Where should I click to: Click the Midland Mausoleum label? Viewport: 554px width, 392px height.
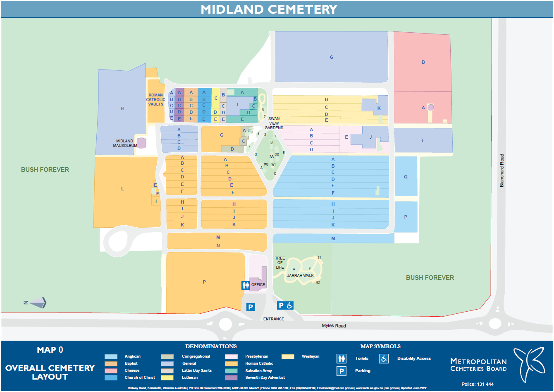pyautogui.click(x=124, y=143)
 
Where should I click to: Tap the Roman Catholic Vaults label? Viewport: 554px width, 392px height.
pyautogui.click(x=156, y=100)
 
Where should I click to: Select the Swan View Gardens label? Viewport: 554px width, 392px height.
pyautogui.click(x=274, y=123)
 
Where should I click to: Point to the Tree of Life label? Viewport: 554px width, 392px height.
pyautogui.click(x=280, y=262)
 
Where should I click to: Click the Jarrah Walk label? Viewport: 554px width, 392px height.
pyautogui.click(x=301, y=275)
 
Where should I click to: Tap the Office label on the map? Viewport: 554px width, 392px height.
pyautogui.click(x=258, y=285)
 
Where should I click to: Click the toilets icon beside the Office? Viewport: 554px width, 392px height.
pyautogui.click(x=246, y=285)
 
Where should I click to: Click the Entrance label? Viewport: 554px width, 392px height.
pyautogui.click(x=274, y=319)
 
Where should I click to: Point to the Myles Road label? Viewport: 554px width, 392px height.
pyautogui.click(x=334, y=326)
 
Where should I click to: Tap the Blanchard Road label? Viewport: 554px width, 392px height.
pyautogui.click(x=502, y=171)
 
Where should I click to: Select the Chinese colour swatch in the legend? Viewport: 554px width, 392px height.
pyautogui.click(x=111, y=370)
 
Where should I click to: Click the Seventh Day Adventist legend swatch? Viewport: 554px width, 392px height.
pyautogui.click(x=232, y=378)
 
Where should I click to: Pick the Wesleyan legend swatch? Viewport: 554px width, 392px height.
pyautogui.click(x=288, y=356)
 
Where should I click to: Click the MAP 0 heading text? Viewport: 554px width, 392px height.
pyautogui.click(x=50, y=350)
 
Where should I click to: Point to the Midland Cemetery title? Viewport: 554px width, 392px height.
pyautogui.click(x=269, y=9)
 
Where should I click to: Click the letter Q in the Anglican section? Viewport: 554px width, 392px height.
pyautogui.click(x=406, y=177)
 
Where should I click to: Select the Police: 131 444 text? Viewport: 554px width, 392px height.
pyautogui.click(x=478, y=384)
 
